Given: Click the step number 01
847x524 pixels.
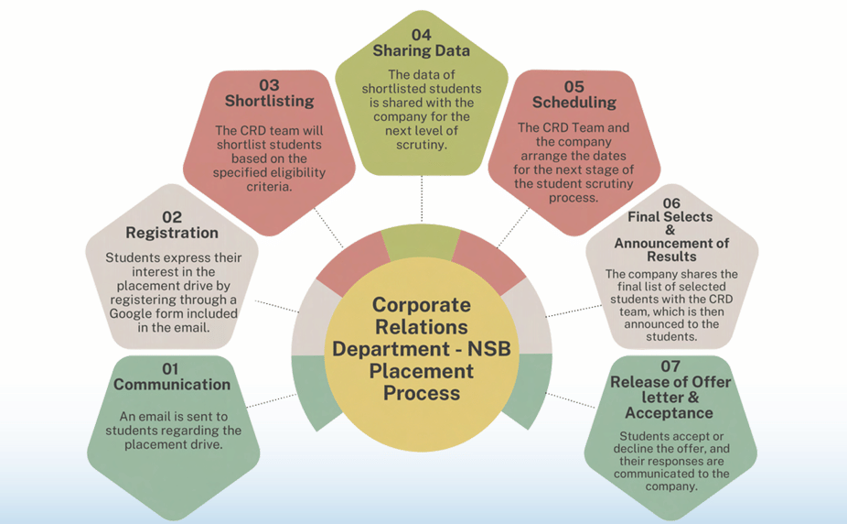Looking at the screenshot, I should click(172, 369).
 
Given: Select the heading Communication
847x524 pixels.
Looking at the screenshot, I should click(172, 385).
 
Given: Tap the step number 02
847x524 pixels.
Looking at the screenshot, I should click(172, 217).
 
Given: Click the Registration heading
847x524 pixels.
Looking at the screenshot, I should click(172, 233).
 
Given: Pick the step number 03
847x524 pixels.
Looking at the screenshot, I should click(269, 85).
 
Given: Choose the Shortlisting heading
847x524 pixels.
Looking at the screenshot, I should click(269, 101).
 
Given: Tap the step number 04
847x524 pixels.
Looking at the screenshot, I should click(421, 35).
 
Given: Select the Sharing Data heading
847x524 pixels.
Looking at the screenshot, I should click(421, 50).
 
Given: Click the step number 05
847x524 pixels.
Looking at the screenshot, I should click(574, 87).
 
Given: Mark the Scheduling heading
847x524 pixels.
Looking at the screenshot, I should click(574, 103).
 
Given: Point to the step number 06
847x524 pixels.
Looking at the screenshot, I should click(671, 203).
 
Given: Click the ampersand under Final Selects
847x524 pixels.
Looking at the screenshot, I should click(671, 230).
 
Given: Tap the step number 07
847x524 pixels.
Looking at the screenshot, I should click(670, 367).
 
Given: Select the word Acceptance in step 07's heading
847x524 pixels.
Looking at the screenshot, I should click(670, 412).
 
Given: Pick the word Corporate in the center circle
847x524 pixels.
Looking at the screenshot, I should click(422, 305).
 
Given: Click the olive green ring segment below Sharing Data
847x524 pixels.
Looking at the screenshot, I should click(422, 243).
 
